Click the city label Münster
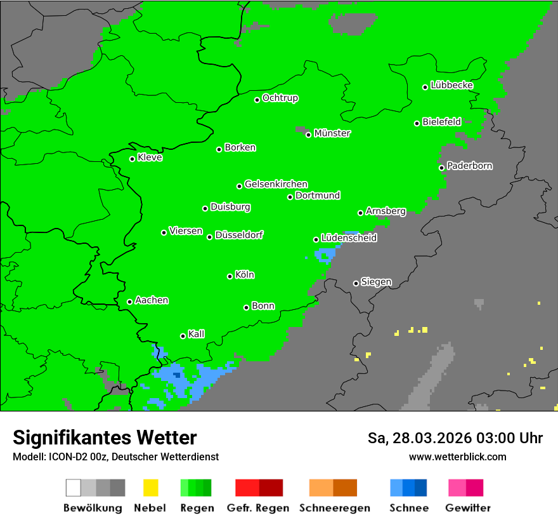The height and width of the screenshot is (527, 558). [332, 133]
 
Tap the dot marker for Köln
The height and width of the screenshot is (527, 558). [230, 276]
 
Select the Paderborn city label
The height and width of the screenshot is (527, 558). [469, 166]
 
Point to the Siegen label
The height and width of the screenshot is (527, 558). [376, 282]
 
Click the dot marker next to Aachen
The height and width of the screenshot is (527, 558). [130, 302]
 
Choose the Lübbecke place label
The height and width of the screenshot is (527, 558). [451, 85]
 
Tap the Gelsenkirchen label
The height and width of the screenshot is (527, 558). [276, 184]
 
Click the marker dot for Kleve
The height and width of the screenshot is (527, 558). [133, 159]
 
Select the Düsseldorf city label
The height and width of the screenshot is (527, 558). [239, 235]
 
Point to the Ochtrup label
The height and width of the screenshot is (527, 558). [280, 98]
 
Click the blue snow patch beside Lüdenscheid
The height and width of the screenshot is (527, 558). [326, 255]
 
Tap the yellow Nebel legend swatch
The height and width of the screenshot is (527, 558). [150, 488]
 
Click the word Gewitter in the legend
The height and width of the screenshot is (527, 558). [468, 508]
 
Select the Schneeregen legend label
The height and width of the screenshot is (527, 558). [333, 508]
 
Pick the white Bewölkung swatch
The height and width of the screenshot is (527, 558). [74, 488]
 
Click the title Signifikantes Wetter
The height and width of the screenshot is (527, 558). [105, 437]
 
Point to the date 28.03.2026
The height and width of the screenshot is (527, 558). [431, 438]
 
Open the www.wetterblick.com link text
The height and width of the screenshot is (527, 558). [457, 457]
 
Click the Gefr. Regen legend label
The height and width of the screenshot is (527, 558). [257, 508]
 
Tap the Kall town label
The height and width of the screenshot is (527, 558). [196, 334]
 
